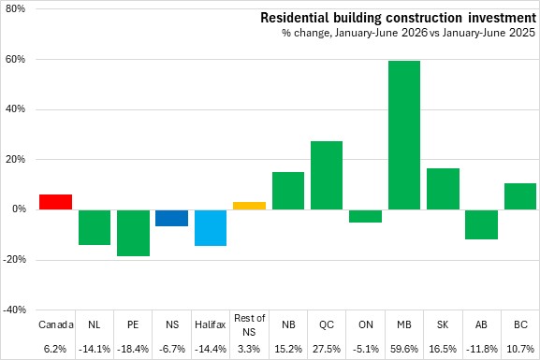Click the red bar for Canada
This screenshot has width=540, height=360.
click(55, 202)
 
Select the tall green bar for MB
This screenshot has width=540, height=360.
click(404, 136)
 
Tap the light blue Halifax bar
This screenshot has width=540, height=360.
click(211, 228)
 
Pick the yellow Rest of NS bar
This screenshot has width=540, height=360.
click(249, 206)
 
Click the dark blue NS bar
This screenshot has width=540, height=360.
click(172, 218)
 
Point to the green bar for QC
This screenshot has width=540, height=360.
click(327, 176)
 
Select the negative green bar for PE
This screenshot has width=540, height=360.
click(133, 233)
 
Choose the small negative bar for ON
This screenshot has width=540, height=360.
click(365, 216)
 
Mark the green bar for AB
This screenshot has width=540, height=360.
click(482, 224)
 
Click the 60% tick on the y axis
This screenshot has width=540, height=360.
click(16, 59)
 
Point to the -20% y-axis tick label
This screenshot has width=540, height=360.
click(14, 260)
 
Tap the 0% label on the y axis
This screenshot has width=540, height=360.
click(19, 209)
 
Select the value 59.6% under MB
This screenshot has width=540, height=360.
click(404, 349)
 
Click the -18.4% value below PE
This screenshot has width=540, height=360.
click(133, 349)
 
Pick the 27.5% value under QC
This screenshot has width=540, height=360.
click(327, 349)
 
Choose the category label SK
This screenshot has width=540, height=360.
click(443, 324)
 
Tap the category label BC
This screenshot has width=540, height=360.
click(520, 324)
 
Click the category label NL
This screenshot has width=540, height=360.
click(95, 324)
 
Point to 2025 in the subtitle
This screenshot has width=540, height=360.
click(522, 33)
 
